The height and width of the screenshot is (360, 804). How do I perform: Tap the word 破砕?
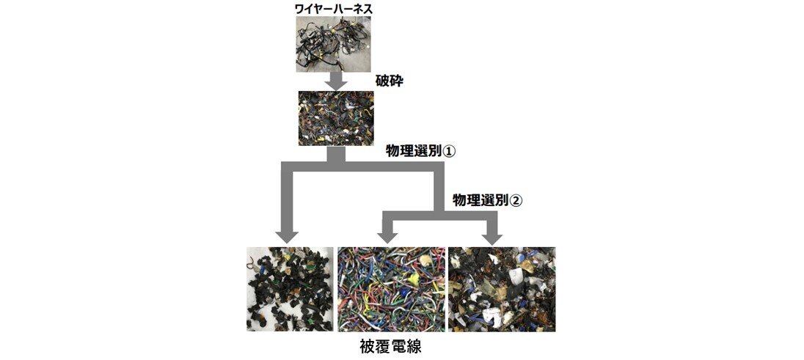(390, 81)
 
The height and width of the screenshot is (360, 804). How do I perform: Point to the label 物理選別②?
(487, 200)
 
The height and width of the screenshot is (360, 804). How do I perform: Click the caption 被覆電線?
(391, 346)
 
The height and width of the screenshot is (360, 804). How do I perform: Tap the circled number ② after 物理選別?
(516, 200)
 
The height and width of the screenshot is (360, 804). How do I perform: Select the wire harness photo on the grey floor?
(334, 43)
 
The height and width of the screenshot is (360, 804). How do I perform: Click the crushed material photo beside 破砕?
(336, 119)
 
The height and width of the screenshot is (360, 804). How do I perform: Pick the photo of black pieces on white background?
(290, 289)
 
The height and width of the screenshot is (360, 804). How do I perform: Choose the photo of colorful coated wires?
(391, 289)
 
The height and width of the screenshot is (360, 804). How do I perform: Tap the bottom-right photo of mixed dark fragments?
(502, 289)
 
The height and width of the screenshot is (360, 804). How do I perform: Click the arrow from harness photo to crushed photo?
(337, 81)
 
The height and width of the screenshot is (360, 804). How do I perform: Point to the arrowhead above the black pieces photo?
(287, 236)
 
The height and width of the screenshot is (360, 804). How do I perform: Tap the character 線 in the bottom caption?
(414, 346)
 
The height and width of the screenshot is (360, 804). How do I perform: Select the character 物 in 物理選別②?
(459, 200)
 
